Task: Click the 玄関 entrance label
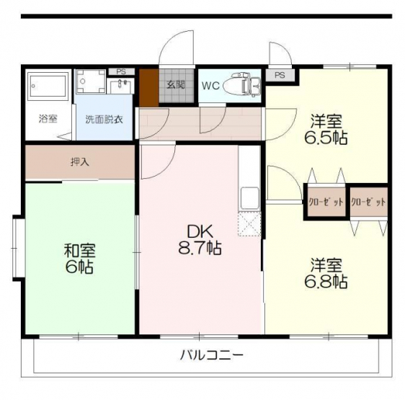click(176, 85)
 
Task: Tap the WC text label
click(210, 86)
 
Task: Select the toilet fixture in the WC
click(241, 85)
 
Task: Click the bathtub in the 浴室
click(48, 86)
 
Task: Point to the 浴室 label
click(48, 119)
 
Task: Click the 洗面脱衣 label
click(104, 120)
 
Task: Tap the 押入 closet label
click(80, 162)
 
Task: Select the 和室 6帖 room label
click(79, 259)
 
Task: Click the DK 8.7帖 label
click(200, 240)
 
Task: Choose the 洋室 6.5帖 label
click(326, 129)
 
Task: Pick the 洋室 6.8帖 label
click(326, 273)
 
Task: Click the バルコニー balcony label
click(212, 355)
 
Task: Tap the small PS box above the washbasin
click(121, 71)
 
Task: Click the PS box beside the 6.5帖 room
click(280, 75)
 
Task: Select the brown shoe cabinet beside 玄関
click(149, 88)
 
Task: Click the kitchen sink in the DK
click(249, 198)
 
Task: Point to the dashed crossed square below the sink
click(249, 223)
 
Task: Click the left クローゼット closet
click(326, 202)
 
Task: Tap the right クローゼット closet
click(369, 202)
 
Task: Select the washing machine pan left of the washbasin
click(91, 81)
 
